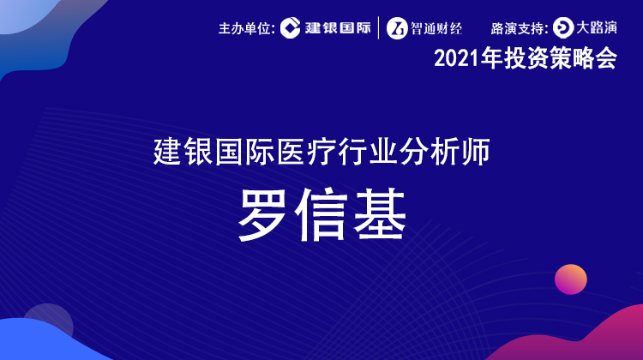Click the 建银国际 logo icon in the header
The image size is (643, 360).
coord(291,28)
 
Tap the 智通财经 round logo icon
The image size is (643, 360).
coord(397,28)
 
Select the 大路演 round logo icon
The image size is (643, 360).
coord(563,28)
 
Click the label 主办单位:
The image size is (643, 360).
coord(247,28)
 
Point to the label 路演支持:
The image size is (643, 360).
coord(520,28)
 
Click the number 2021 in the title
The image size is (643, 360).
coord(456,59)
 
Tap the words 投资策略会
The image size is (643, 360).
coord(561,58)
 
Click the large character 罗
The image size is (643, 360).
coord(262,214)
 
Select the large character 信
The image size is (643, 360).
coord(321,214)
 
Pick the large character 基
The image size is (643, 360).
coord(380,214)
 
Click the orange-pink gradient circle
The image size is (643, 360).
coord(571,279)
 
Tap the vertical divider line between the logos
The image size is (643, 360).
coord(378,28)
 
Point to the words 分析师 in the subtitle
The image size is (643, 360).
coord(445,152)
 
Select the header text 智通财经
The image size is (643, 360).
coord(436,28)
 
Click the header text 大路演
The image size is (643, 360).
coord(597,28)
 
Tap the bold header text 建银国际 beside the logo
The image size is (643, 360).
coord(338,28)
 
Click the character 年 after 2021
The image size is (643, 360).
coord(492,58)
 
